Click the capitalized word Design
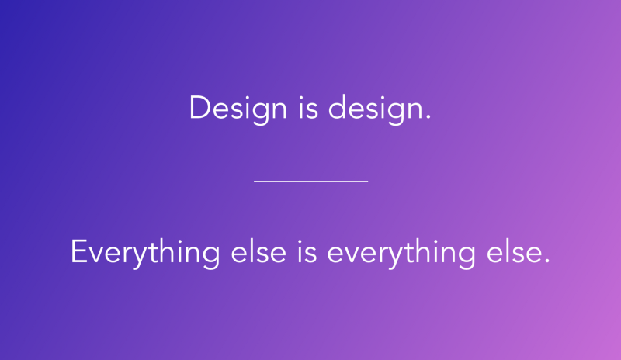tap(238, 109)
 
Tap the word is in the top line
tap(308, 107)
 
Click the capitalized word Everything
tap(145, 254)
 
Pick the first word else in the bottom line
tap(258, 251)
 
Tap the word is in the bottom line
tap(307, 251)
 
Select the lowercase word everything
tap(401, 254)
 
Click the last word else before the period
tap(514, 251)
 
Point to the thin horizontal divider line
tap(311, 181)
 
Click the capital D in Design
tap(200, 107)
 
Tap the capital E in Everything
tap(78, 251)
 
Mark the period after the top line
tap(428, 117)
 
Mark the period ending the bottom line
tap(547, 261)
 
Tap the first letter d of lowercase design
tap(337, 107)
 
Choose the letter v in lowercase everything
tap(353, 254)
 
